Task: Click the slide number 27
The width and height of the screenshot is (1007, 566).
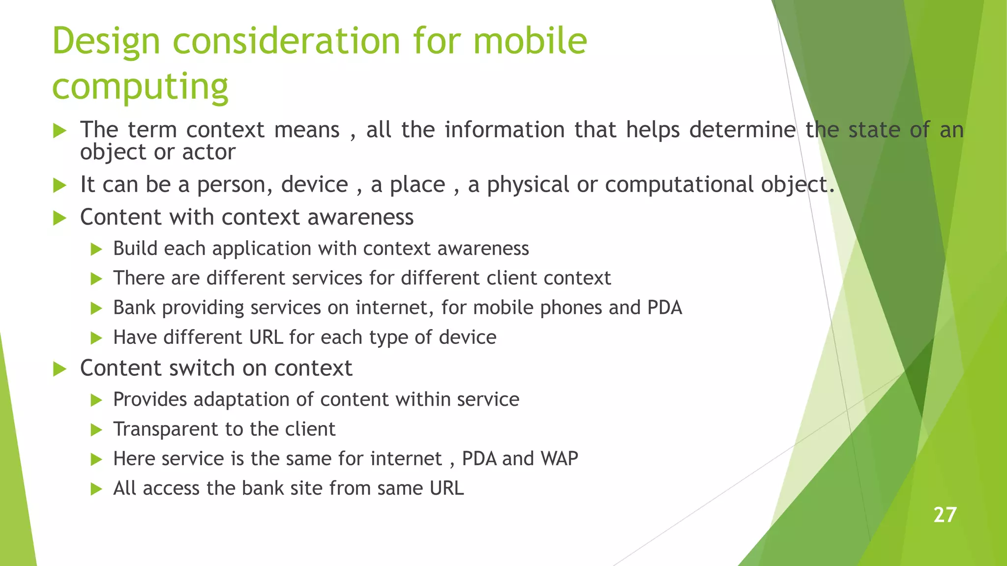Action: [x=945, y=515]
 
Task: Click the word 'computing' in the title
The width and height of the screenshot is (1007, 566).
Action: [x=140, y=86]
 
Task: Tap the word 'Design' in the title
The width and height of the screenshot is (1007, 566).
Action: [x=106, y=41]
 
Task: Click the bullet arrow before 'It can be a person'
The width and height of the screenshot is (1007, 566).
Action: [x=59, y=186]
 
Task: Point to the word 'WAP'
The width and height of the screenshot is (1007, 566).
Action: [x=559, y=458]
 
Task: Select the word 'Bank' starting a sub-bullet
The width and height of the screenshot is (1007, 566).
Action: [x=134, y=308]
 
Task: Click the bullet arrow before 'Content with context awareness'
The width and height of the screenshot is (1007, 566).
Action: [x=59, y=218]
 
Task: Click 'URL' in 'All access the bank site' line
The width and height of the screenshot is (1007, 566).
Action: [x=446, y=488]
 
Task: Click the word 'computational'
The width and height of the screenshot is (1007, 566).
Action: [x=680, y=185]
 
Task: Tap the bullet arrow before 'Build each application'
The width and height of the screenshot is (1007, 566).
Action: [x=96, y=249]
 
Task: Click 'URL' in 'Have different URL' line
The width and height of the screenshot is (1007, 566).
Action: [x=266, y=338]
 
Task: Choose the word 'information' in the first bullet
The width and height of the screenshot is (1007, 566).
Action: [x=504, y=130]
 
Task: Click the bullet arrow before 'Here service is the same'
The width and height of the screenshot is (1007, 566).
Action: [x=96, y=459]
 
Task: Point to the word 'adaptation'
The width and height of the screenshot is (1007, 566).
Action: [x=241, y=399]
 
